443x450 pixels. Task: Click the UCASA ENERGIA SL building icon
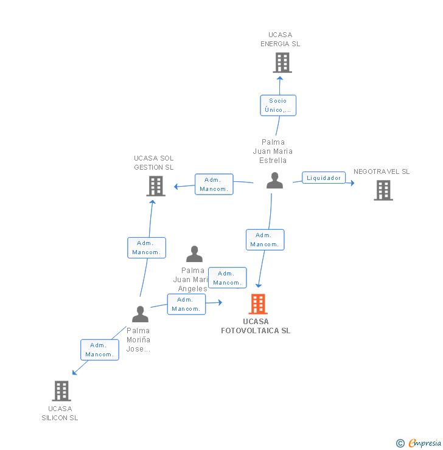click(x=282, y=63)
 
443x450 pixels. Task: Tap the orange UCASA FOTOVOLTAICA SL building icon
click(x=258, y=304)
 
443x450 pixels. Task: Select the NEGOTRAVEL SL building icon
click(x=383, y=190)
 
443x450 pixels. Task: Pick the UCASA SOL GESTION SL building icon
click(x=156, y=186)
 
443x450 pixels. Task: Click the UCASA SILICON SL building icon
click(x=61, y=391)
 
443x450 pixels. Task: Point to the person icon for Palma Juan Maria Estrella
click(x=275, y=181)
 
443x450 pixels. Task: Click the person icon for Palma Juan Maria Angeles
click(x=194, y=254)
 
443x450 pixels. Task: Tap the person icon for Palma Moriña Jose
click(x=140, y=314)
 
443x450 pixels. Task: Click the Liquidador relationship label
click(x=324, y=178)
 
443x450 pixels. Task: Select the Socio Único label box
click(x=278, y=105)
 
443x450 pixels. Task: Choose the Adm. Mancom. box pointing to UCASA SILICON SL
click(x=100, y=350)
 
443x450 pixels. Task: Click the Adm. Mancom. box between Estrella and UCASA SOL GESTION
click(x=214, y=184)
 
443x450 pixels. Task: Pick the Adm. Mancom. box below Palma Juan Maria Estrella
click(x=265, y=240)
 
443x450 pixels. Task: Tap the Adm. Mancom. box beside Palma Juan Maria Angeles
click(x=227, y=278)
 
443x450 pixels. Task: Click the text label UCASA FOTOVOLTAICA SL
click(x=256, y=327)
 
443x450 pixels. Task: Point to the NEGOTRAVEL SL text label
click(x=382, y=171)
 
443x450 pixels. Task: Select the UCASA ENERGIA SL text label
click(x=281, y=40)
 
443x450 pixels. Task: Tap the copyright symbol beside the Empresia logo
click(x=400, y=443)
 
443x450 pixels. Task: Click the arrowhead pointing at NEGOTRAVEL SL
click(x=352, y=182)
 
